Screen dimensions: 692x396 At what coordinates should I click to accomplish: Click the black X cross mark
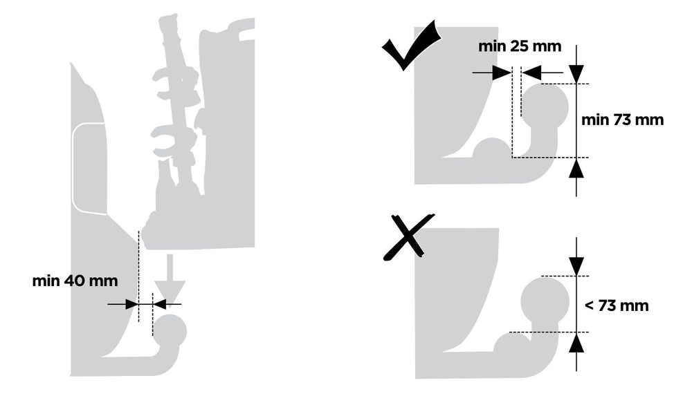tap(409, 237)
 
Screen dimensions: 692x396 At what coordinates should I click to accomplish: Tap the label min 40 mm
tap(75, 281)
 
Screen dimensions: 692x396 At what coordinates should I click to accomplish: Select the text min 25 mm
tap(520, 46)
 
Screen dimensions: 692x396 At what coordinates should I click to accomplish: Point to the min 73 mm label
tap(622, 120)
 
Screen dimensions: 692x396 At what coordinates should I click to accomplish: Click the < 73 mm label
tap(617, 305)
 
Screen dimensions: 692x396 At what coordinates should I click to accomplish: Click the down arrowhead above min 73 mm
tap(576, 74)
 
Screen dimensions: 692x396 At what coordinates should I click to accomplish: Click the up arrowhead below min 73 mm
tap(576, 167)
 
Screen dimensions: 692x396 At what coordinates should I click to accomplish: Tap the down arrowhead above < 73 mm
tap(576, 266)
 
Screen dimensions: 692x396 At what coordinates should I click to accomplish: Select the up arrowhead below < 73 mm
tap(576, 342)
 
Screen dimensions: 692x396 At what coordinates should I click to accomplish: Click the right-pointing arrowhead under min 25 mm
tap(502, 73)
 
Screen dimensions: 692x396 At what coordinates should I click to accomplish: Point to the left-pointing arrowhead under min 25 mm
tap(531, 73)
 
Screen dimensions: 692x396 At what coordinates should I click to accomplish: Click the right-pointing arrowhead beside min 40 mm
tap(131, 304)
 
